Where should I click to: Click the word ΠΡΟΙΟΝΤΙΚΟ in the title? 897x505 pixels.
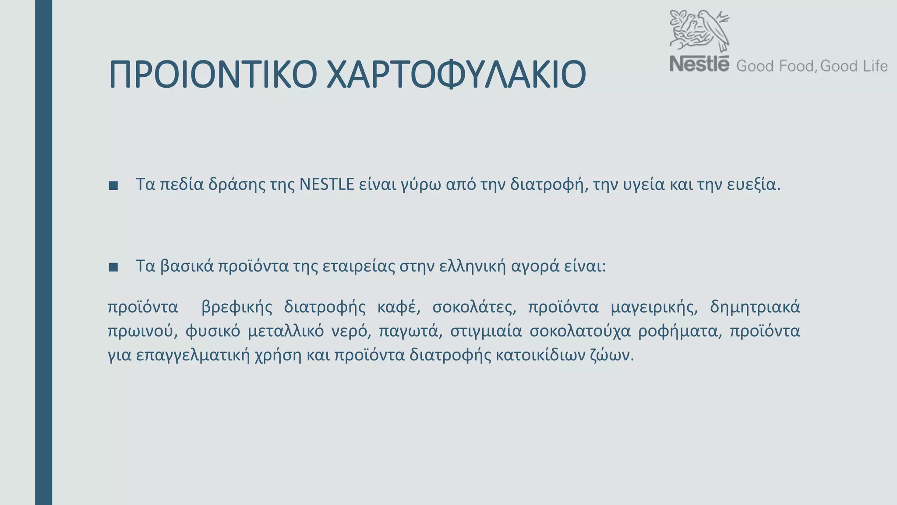click(212, 75)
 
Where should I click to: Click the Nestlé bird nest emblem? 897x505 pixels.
click(699, 31)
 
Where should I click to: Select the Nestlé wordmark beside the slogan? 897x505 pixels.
click(699, 64)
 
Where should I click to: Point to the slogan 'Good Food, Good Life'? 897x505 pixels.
click(812, 66)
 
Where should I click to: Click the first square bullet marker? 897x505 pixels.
click(113, 185)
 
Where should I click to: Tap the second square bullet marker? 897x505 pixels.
click(113, 267)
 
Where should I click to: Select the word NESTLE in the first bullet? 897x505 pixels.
click(327, 185)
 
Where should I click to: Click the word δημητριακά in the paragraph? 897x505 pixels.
click(755, 307)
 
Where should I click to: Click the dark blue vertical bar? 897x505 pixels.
click(43, 252)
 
